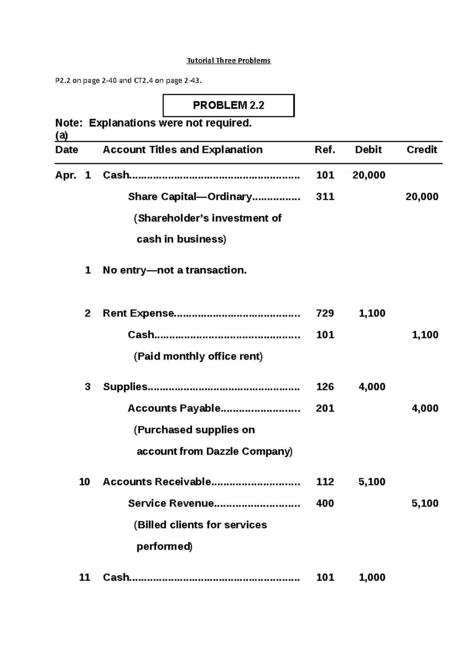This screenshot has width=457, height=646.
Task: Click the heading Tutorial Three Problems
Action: coord(228,60)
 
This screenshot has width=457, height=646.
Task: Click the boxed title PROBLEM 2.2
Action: coord(228,105)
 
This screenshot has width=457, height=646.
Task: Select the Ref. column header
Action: coord(325,150)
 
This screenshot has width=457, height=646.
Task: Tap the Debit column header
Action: coord(368,150)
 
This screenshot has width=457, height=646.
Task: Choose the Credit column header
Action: coord(422,150)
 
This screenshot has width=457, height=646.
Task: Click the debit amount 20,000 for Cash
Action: coord(369,175)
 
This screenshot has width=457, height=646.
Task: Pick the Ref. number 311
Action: coord(325,197)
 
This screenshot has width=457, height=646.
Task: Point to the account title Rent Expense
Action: coord(138,313)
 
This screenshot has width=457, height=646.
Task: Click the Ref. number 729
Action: coord(325,313)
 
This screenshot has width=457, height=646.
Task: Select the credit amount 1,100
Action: coord(425,335)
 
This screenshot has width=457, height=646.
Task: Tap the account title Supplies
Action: coord(125,387)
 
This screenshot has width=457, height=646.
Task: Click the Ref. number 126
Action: coord(325,387)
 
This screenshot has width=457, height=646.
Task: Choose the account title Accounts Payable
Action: coord(174,408)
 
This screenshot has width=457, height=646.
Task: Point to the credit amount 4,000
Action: coord(425,408)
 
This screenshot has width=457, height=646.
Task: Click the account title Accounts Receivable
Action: coord(157,482)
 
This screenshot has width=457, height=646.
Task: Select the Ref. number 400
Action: coord(325,503)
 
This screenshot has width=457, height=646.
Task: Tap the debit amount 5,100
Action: coord(372,482)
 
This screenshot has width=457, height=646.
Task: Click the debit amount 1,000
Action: coord(372,578)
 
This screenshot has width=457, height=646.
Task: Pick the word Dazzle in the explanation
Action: coord(222,452)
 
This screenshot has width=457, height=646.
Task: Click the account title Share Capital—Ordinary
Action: coord(190,197)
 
